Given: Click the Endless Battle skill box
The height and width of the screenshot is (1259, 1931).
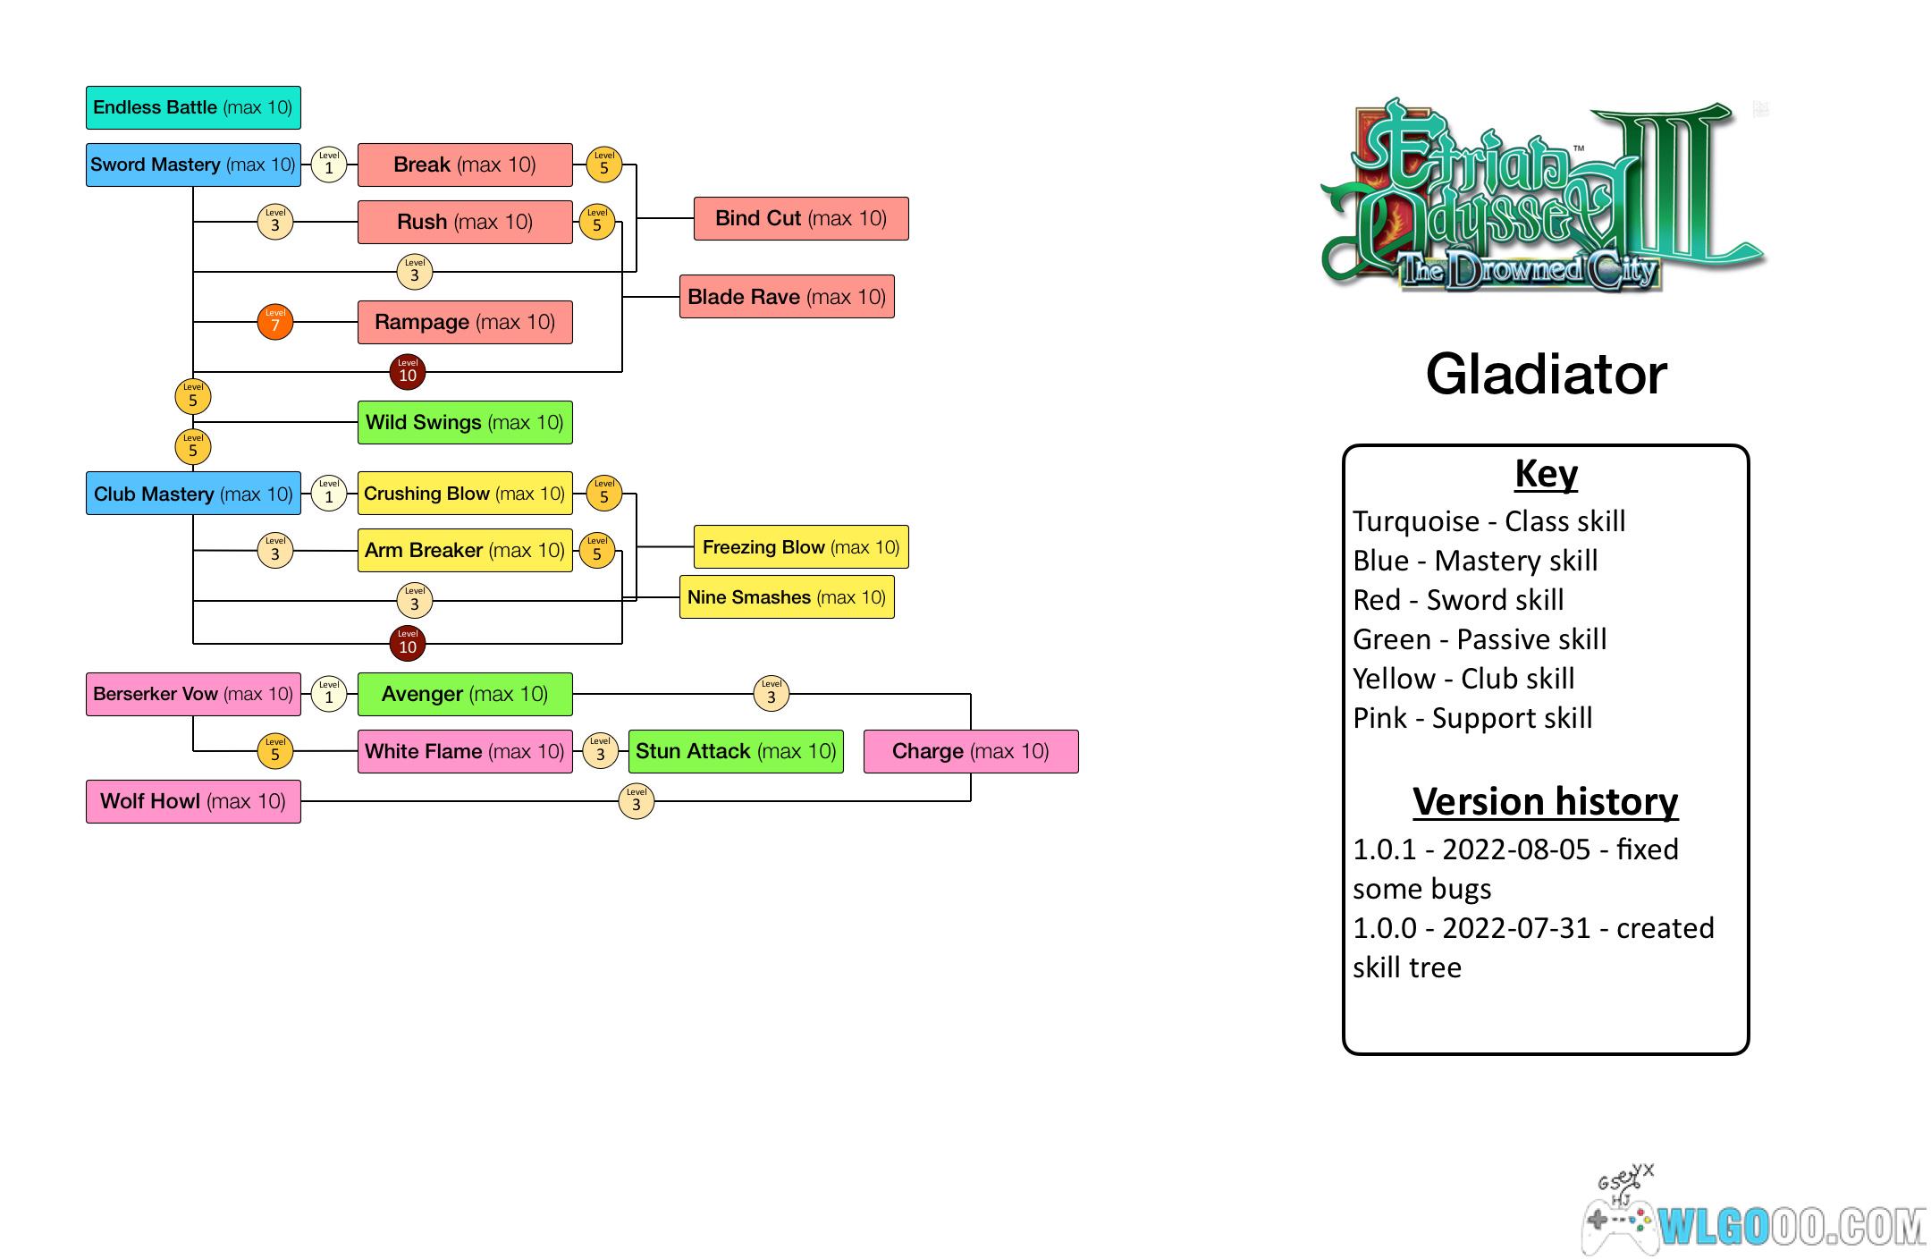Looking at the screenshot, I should point(193,107).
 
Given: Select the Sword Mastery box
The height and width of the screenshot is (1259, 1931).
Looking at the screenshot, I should point(193,165).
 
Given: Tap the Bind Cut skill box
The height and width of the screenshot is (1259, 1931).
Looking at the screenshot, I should point(801,218).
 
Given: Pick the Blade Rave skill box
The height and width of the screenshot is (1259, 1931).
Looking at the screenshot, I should point(787,297).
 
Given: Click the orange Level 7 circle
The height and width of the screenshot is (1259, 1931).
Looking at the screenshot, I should point(275,322).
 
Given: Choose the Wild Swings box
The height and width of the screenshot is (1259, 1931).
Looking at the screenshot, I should point(465,422).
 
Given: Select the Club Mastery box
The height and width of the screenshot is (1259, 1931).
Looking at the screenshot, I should point(193,494).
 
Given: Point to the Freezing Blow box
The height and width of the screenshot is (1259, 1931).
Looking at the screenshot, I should point(801,547).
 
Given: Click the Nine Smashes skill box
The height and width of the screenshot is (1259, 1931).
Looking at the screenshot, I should point(787,597).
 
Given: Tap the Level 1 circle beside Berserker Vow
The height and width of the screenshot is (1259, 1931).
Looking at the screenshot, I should point(329,694).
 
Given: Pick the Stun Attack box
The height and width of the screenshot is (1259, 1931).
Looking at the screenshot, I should point(736,751).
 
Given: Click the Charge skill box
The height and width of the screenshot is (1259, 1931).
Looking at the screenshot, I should point(971,751).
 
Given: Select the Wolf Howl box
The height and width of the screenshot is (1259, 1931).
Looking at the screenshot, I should point(193,801).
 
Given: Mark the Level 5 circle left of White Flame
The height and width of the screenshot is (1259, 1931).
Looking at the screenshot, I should point(275,751).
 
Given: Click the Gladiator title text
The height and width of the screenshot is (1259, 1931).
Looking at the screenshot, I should point(1546,374).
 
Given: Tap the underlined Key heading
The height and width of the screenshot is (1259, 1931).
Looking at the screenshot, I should point(1546,474).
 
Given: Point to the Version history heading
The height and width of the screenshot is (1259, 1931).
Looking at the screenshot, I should point(1546,801).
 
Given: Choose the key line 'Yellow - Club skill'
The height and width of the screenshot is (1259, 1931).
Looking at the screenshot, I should point(1463,679).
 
